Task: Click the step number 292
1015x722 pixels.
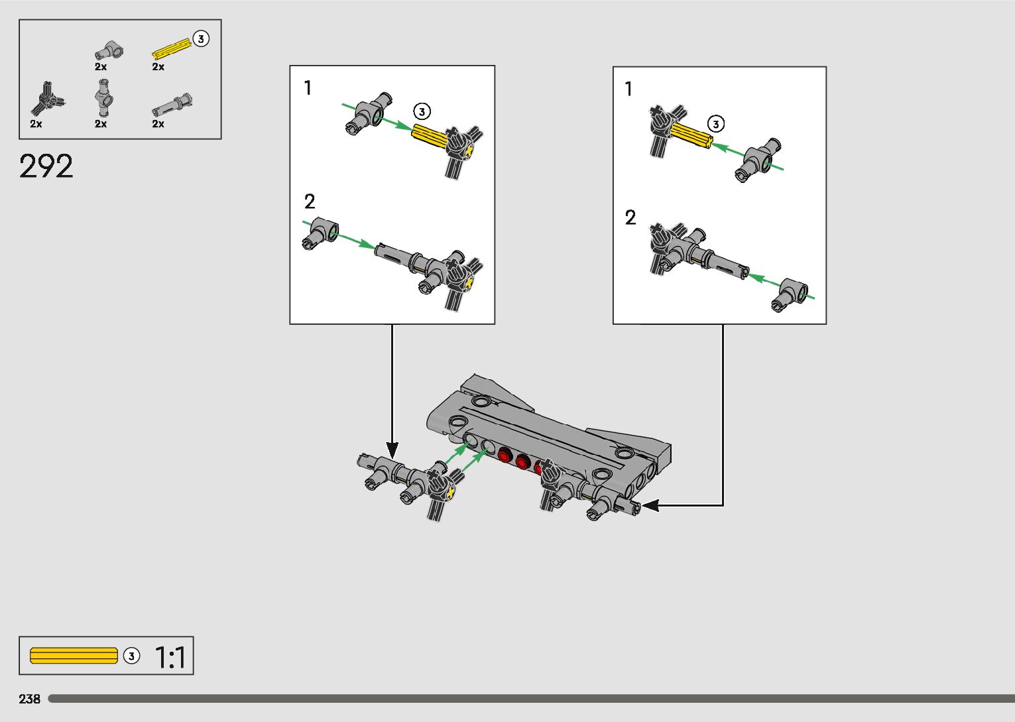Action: coord(46,166)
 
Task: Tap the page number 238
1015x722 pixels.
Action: coord(29,699)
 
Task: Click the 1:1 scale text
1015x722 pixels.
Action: coord(171,657)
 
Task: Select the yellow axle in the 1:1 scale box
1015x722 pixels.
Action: coord(74,656)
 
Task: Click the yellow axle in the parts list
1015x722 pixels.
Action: coord(172,49)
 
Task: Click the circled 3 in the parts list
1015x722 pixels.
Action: coord(201,39)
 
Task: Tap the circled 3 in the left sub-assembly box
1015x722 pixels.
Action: coord(422,111)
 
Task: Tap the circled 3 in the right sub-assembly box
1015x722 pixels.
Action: coord(716,124)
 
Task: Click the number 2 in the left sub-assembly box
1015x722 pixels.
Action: coord(310,202)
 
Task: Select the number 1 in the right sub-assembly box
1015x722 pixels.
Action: coord(628,89)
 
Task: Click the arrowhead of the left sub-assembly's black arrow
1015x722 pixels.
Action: coord(392,451)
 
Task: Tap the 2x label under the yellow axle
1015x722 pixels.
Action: coord(158,67)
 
